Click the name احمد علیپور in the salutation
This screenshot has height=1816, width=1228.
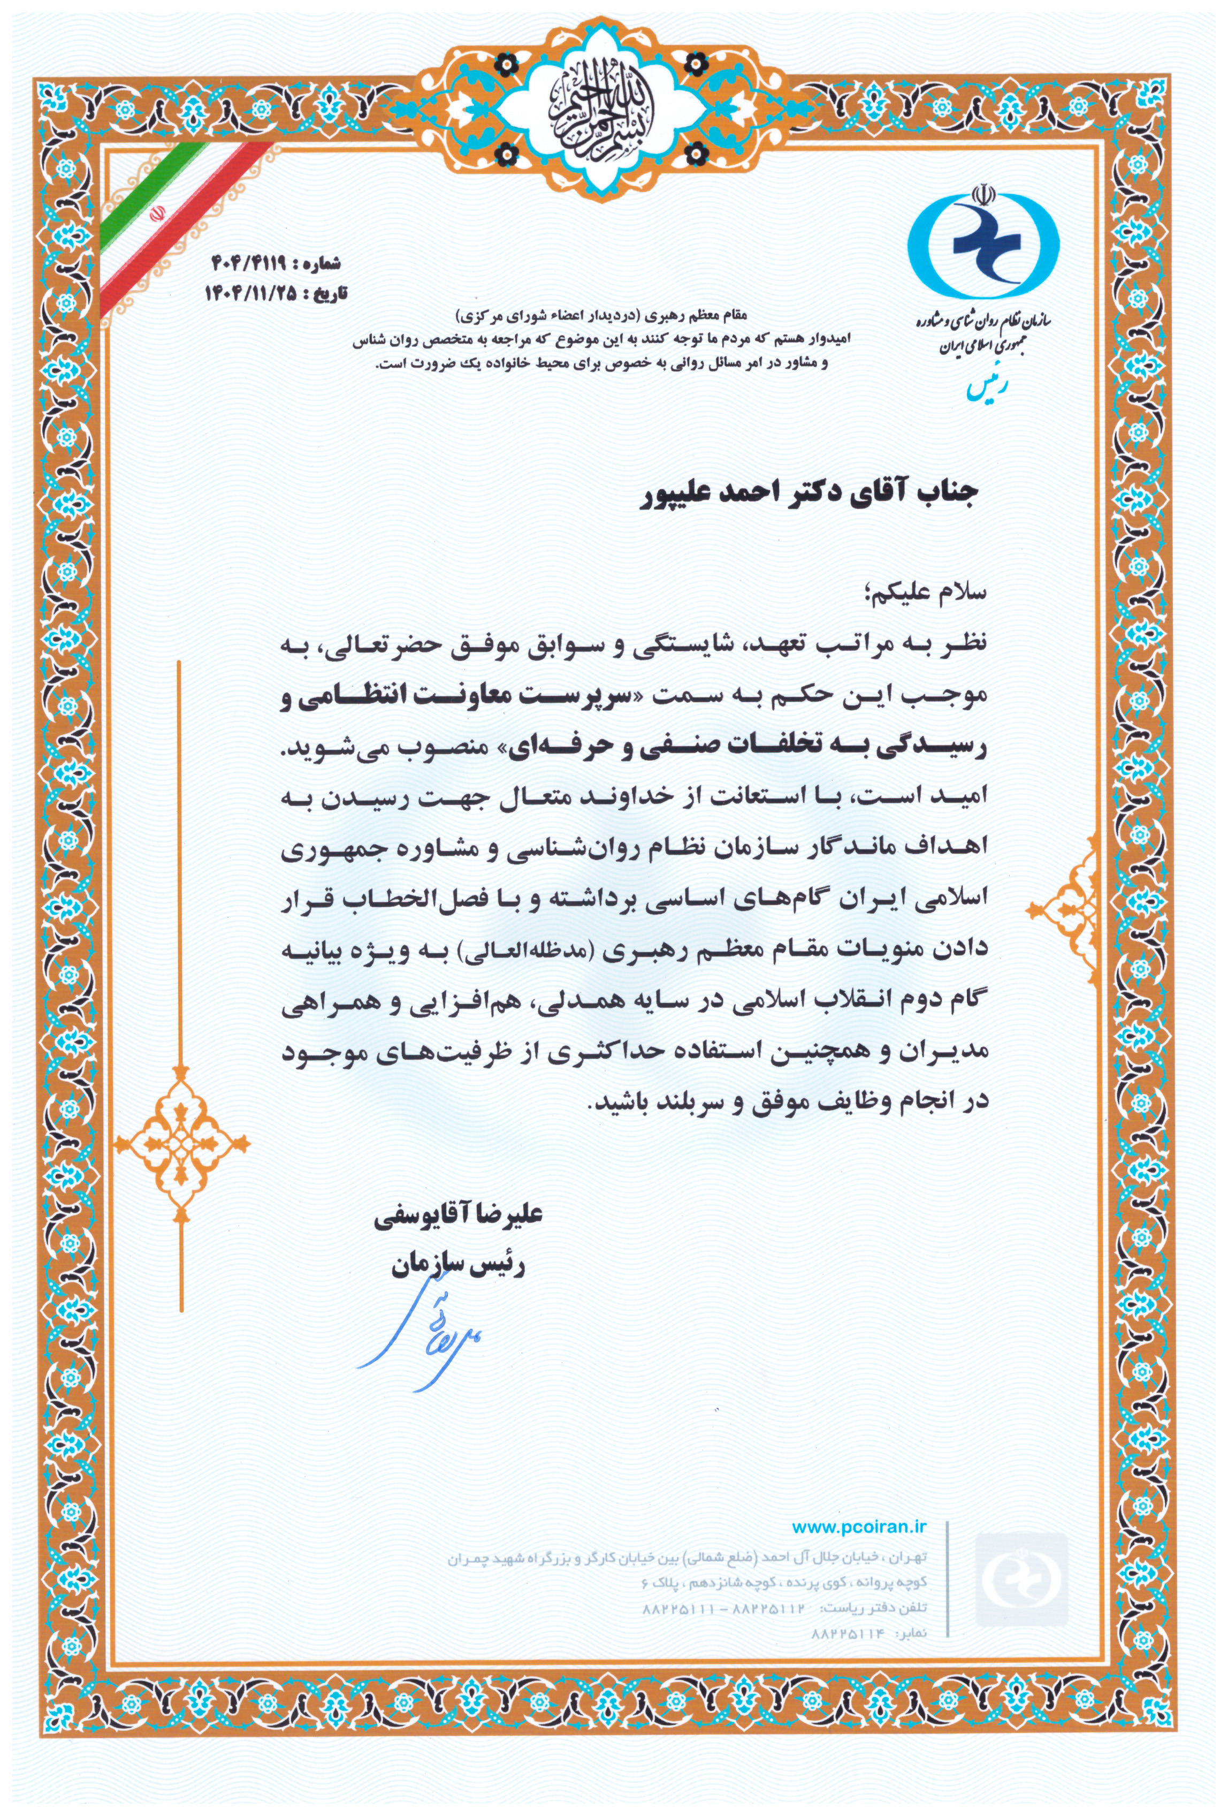706,497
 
